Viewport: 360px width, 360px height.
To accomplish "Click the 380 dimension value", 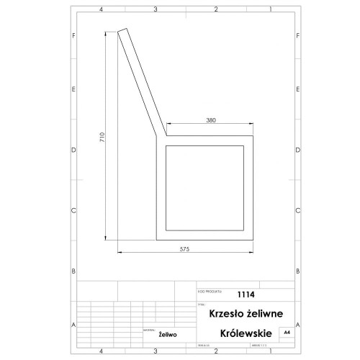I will pos(211,120).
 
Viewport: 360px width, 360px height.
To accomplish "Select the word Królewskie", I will pos(246,334).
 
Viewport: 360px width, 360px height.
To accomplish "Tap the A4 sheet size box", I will pos(287,333).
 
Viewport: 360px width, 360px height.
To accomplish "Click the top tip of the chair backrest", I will pos(122,30).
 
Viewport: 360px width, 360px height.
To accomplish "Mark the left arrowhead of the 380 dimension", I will pos(168,125).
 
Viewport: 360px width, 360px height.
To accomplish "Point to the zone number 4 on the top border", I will pos(101,9).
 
